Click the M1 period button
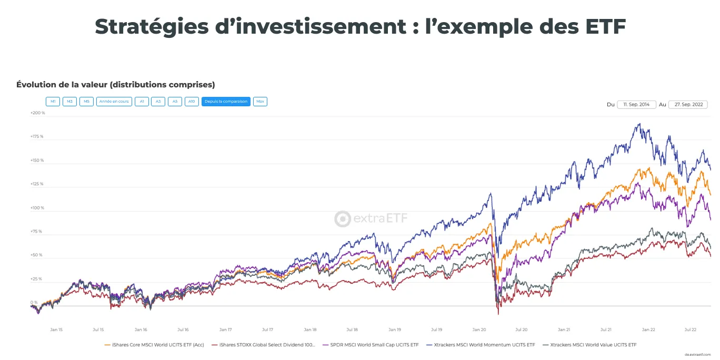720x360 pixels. coord(53,102)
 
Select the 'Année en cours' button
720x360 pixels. coord(114,102)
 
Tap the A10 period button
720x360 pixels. coord(192,102)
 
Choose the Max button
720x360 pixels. coord(260,102)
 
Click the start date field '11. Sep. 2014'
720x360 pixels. coord(636,104)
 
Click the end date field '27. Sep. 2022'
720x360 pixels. coord(688,104)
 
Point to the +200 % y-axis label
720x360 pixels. coord(37,113)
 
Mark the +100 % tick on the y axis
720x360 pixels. coord(37,208)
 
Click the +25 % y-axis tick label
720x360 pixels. coord(37,279)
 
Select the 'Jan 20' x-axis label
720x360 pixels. coord(479,329)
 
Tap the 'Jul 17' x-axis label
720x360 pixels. coord(267,329)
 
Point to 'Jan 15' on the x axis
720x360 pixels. coord(56,329)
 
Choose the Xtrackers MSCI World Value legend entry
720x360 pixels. coord(593,345)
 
